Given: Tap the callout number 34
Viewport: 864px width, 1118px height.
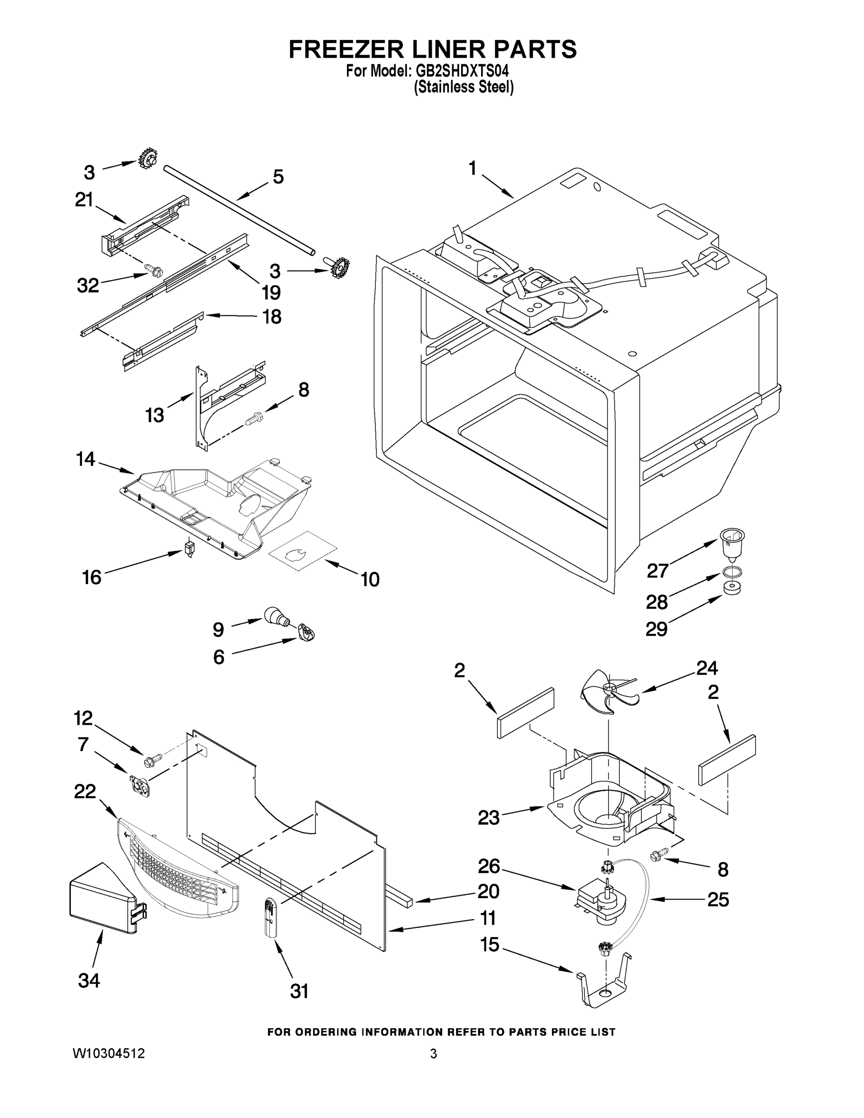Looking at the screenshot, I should tap(88, 980).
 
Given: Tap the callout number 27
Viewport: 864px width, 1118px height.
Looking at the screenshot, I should tap(658, 570).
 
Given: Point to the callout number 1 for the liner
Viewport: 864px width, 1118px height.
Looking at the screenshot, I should tap(472, 168).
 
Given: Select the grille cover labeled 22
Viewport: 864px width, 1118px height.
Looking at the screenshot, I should tap(177, 865).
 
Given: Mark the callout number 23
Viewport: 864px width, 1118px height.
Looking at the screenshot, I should tap(488, 818).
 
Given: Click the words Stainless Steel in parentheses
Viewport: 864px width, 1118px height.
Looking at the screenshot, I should tap(463, 87).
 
